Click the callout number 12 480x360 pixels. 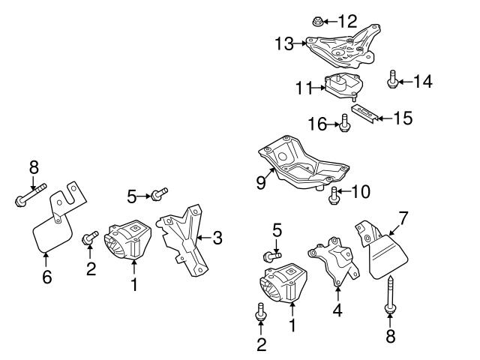349,20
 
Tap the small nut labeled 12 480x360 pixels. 316,20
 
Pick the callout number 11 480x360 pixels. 303,88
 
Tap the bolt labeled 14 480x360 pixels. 392,80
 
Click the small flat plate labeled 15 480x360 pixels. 364,115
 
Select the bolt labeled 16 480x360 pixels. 344,123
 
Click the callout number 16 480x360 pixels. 316,123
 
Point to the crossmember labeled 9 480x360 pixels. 300,164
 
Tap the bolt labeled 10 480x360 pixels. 332,196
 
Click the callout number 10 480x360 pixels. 361,192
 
